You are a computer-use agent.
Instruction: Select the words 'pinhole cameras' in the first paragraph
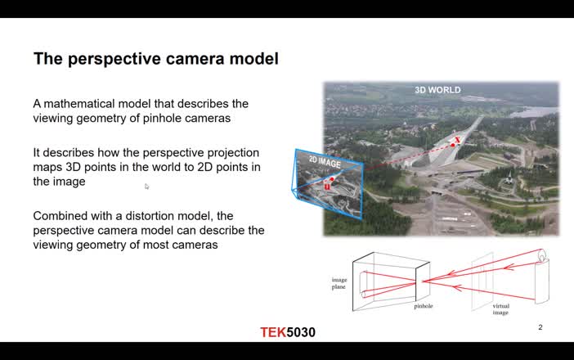click(187, 118)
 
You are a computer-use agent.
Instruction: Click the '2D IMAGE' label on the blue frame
click(324, 162)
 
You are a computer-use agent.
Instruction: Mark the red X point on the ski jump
click(458, 142)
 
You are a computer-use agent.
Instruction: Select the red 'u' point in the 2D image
click(327, 186)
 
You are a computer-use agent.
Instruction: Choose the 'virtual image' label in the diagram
click(500, 310)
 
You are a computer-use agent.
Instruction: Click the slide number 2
click(540, 327)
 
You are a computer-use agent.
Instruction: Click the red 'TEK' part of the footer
click(273, 332)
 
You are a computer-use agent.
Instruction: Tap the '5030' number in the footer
click(301, 332)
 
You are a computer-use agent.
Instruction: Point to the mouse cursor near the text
click(147, 187)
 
